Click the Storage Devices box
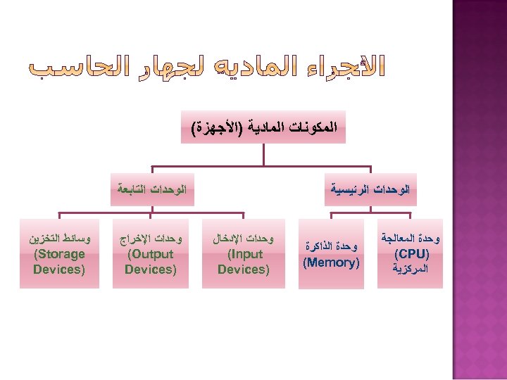pyautogui.click(x=59, y=254)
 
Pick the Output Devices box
pyautogui.click(x=151, y=254)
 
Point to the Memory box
pyautogui.click(x=331, y=255)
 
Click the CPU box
pyautogui.click(x=411, y=254)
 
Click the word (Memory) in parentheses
pyautogui.click(x=331, y=263)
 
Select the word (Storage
pyautogui.click(x=59, y=254)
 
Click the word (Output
pyautogui.click(x=151, y=254)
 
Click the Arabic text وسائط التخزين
pyautogui.click(x=59, y=239)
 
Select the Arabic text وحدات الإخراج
pyautogui.click(x=151, y=239)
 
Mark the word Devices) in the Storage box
pyautogui.click(x=59, y=270)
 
